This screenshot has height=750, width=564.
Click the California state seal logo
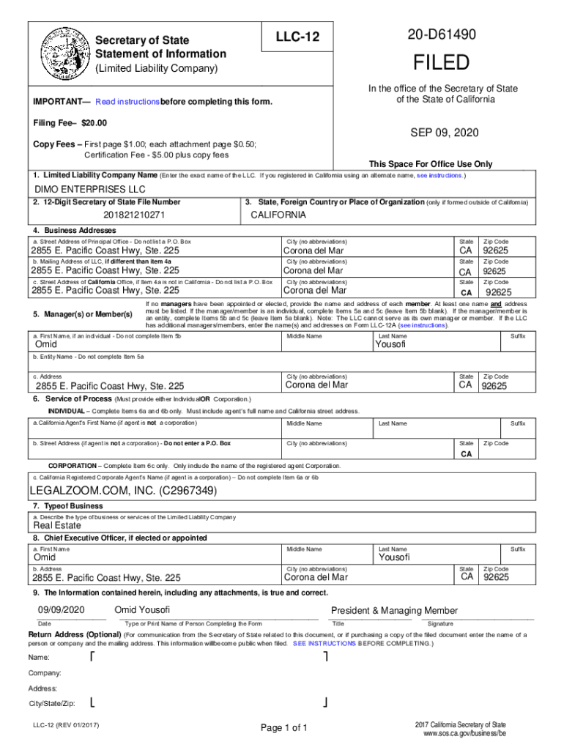[58, 54]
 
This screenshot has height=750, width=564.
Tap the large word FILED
[442, 63]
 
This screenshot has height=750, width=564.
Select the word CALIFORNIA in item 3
[279, 215]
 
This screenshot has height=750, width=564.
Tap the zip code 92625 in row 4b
[494, 271]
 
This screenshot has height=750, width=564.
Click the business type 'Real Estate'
[57, 525]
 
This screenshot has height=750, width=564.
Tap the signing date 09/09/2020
[62, 611]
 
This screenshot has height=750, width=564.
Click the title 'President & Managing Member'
[394, 611]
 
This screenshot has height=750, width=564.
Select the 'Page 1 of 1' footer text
[284, 727]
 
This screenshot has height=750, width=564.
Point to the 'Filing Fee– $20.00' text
[70, 122]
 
